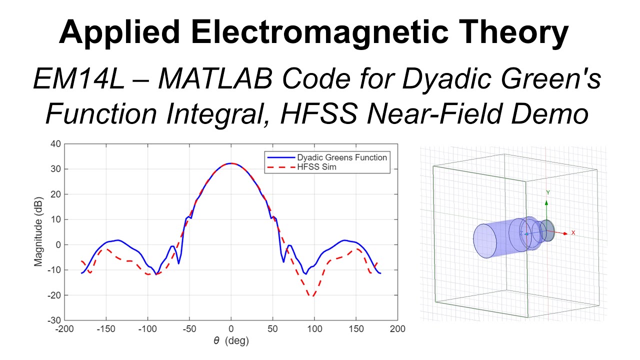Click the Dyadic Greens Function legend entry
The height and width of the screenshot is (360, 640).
click(342, 157)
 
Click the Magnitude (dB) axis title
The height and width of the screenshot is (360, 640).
click(38, 232)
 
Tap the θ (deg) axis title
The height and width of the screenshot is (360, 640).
click(230, 341)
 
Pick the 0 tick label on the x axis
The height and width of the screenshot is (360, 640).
click(230, 329)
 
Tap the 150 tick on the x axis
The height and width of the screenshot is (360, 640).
click(355, 329)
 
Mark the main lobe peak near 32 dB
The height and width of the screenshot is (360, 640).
click(230, 163)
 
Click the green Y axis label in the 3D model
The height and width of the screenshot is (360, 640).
click(548, 192)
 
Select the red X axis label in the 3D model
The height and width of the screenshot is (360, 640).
click(573, 233)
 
